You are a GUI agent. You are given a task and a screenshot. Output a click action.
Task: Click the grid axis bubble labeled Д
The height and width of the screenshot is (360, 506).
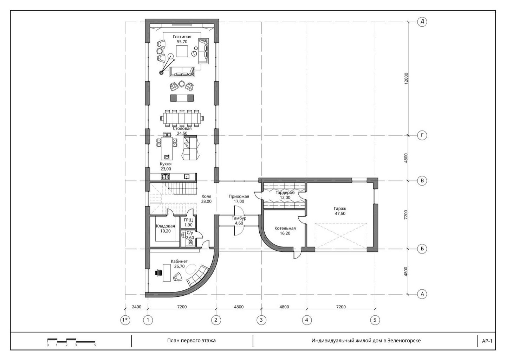pyautogui.click(x=422, y=22)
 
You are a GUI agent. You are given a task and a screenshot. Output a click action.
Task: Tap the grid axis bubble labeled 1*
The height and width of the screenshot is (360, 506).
pyautogui.click(x=125, y=320)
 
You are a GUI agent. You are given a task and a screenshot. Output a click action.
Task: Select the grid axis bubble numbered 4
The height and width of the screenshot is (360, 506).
pyautogui.click(x=307, y=320)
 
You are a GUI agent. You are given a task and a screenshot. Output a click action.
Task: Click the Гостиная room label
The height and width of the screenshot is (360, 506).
pyautogui.click(x=182, y=37)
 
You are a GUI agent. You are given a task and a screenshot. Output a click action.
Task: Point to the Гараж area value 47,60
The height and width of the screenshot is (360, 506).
pyautogui.click(x=340, y=213)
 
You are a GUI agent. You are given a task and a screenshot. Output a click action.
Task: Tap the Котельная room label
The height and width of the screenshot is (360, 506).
pyautogui.click(x=285, y=228)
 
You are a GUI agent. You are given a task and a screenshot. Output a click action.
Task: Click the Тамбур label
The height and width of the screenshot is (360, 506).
pyautogui.click(x=239, y=218)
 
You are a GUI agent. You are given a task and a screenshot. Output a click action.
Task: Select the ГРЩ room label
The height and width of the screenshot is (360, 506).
pyautogui.click(x=188, y=220)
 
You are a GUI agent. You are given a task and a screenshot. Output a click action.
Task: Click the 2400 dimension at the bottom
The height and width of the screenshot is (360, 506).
pyautogui.click(x=136, y=307)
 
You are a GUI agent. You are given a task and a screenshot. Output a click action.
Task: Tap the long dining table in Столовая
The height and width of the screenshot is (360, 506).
pyautogui.click(x=182, y=118)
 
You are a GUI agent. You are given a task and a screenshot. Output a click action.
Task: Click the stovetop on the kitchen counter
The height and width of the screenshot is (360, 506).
pyautogui.click(x=166, y=176)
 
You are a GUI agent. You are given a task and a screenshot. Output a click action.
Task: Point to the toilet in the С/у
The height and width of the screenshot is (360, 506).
pyautogui.click(x=190, y=243)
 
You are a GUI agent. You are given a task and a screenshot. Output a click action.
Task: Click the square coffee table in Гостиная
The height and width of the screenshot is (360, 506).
pyautogui.click(x=182, y=51)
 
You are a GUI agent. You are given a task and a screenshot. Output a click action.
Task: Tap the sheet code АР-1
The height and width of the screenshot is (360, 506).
pyautogui.click(x=487, y=341)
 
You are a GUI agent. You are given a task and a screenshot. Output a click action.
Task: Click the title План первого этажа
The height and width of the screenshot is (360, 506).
pyautogui.click(x=191, y=340)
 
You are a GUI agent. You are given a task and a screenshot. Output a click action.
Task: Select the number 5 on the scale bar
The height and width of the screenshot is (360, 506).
pyautogui.click(x=95, y=345)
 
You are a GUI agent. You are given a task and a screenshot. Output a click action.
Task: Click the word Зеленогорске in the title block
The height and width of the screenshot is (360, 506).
pyautogui.click(x=404, y=341)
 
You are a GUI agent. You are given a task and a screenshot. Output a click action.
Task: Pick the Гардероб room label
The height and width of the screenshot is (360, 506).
pyautogui.click(x=285, y=193)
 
